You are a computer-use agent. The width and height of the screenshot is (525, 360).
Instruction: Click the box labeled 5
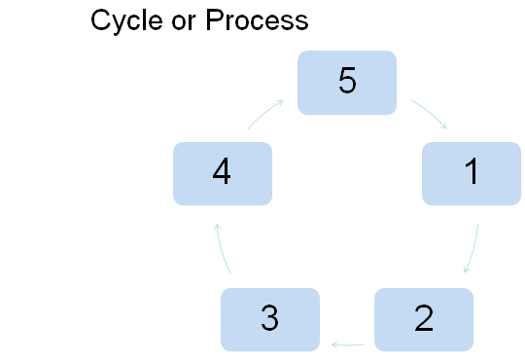[347, 82]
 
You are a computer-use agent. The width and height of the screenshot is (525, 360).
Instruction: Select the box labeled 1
[471, 173]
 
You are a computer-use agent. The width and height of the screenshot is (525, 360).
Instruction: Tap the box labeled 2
[423, 318]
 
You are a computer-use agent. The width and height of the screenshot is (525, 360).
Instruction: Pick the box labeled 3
[270, 318]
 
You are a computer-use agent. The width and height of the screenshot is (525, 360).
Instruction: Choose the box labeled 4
[222, 173]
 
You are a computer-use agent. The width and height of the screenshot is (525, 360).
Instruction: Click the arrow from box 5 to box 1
[430, 113]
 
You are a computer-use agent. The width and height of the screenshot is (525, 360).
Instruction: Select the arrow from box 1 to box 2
[473, 249]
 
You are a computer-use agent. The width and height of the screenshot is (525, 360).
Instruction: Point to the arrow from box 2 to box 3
[348, 343]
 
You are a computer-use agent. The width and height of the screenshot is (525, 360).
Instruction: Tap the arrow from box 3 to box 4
[222, 247]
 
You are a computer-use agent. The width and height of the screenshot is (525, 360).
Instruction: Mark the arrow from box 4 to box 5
[265, 112]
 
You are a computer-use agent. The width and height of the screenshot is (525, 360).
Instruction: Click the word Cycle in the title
[125, 20]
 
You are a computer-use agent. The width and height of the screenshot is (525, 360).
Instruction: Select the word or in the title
[182, 20]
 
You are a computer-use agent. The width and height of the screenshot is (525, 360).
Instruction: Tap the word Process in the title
[257, 20]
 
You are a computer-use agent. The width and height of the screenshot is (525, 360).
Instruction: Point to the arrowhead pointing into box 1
[445, 126]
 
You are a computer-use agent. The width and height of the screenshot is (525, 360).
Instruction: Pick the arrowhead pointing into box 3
[333, 343]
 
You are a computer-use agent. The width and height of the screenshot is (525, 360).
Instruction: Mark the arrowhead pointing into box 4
[217, 226]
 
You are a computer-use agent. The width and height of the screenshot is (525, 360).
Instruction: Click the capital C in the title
[100, 20]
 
